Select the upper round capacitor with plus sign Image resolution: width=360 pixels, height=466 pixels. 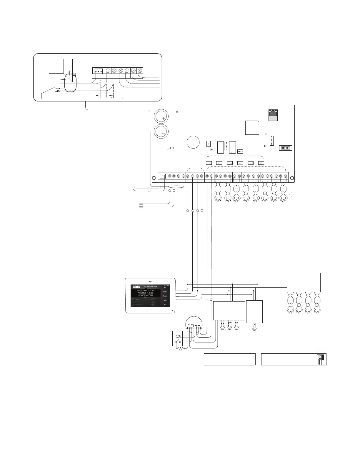161,116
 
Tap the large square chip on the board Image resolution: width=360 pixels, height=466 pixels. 252,127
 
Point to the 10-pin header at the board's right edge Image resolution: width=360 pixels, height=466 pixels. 285,148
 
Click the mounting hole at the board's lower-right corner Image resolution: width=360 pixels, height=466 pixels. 292,178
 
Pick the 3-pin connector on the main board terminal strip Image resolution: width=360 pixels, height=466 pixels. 163,176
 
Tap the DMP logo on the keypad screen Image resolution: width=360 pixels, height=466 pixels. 136,287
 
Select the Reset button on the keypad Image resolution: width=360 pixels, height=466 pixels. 165,296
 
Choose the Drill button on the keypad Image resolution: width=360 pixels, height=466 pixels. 165,300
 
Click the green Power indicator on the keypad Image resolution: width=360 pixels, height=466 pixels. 136,299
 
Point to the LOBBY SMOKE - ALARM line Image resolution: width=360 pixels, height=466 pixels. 146,290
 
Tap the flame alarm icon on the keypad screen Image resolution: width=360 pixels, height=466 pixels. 153,302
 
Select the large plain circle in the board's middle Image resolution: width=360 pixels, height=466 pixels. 193,142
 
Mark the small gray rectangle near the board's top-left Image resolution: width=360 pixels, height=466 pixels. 177,112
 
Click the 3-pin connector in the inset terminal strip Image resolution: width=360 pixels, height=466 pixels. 98,71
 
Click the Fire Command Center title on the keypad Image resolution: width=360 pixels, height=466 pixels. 150,286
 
